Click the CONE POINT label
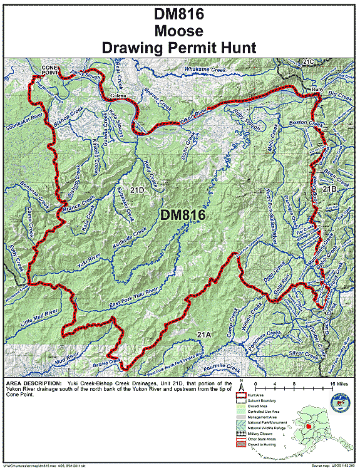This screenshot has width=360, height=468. pos(53,68)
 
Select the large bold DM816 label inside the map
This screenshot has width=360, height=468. pos(183,215)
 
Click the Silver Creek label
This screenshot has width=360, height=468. pos(304,354)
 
